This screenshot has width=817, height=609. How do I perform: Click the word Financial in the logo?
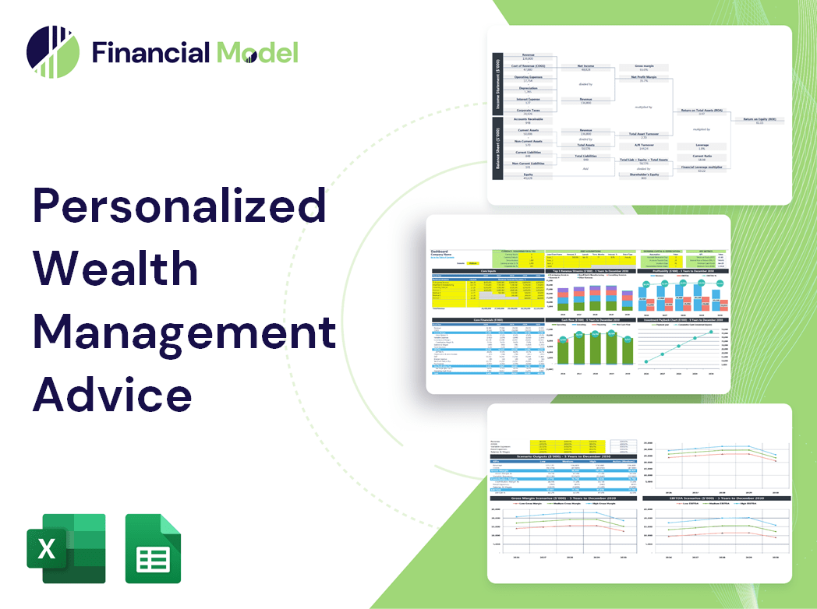(x=150, y=52)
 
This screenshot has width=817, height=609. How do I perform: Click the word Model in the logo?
(x=257, y=52)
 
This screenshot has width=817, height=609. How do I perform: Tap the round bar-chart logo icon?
(x=53, y=52)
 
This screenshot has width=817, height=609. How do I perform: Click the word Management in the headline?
(x=184, y=333)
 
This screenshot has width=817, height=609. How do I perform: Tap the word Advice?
(x=112, y=394)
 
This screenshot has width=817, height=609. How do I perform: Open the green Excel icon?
(x=66, y=548)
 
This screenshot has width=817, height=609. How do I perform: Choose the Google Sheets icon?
(x=154, y=548)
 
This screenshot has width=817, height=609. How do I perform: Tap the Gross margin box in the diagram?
(x=643, y=68)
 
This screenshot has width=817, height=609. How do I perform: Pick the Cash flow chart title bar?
(x=590, y=319)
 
